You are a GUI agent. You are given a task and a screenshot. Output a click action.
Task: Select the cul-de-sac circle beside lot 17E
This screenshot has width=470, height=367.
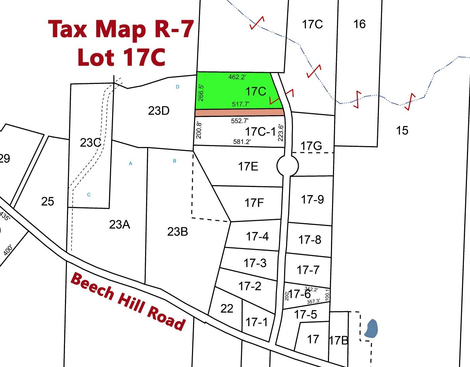click(288, 166)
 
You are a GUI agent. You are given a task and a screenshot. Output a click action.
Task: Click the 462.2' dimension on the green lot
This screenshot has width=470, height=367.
click(237, 77)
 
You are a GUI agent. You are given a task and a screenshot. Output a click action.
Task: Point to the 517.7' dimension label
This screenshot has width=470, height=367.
click(241, 104)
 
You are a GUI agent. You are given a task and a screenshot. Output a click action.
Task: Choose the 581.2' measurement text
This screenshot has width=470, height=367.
click(242, 142)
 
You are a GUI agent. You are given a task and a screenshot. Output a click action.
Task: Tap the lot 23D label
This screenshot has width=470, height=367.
click(159, 111)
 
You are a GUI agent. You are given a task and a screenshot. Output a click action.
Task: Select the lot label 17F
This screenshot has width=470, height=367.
click(254, 203)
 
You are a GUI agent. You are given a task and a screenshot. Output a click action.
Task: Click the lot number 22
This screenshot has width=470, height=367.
click(227, 309)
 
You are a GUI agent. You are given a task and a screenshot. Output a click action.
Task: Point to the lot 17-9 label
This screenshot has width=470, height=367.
click(312, 199)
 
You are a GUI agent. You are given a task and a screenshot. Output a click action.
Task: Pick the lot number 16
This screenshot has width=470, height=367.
click(359, 24)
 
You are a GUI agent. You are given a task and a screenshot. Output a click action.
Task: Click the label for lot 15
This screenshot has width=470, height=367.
click(402, 130)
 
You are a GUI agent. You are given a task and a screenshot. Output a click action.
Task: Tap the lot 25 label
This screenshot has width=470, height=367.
click(48, 202)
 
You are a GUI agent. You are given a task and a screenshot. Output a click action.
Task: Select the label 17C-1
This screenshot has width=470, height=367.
click(260, 132)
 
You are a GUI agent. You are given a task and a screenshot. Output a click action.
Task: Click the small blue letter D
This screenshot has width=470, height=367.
click(177, 87)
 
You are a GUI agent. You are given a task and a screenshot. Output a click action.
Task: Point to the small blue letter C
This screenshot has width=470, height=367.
click(89, 195)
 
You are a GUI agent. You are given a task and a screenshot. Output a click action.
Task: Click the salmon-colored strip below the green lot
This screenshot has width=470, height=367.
click(239, 112)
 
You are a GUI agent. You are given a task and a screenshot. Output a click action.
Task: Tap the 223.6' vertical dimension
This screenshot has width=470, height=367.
click(281, 132)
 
